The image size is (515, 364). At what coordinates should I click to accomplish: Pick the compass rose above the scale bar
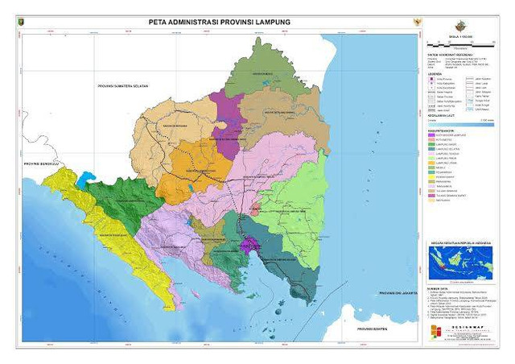click(x=459, y=25)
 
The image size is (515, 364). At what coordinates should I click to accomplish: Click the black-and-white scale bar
click(x=459, y=41)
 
